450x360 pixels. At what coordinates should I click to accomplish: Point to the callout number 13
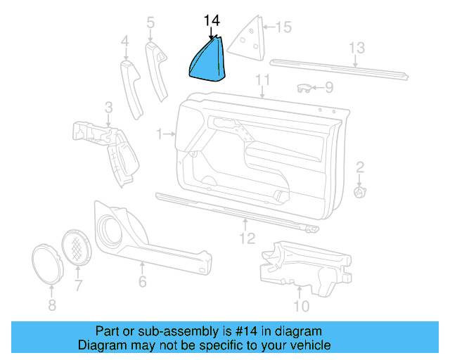click(357, 48)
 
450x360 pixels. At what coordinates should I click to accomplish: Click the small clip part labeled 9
click(304, 87)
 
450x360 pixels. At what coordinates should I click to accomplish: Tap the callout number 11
click(263, 79)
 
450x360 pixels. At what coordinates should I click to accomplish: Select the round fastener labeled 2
click(359, 191)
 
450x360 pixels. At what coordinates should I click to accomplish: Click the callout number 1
click(160, 132)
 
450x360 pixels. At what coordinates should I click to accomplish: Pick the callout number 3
click(108, 108)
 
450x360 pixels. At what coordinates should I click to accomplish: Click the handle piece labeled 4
click(132, 87)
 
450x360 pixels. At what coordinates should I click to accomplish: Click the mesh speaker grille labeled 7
click(78, 247)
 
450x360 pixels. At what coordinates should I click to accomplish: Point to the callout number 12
click(245, 239)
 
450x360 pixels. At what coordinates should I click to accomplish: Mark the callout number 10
click(300, 306)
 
